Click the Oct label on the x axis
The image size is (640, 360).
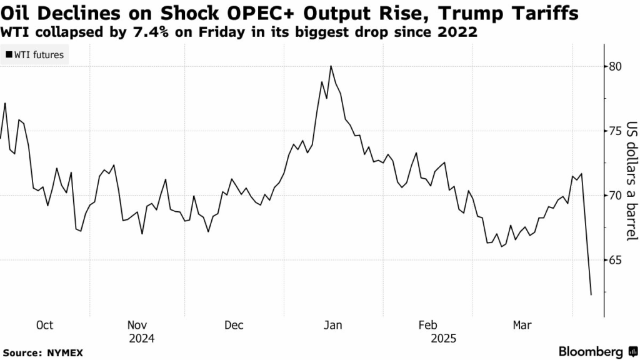[x=45, y=325]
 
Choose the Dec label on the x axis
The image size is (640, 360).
[x=233, y=325]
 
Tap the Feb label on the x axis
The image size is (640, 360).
[x=427, y=325]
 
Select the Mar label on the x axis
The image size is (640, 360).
[x=522, y=325]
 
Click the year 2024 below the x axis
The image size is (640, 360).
[x=141, y=339]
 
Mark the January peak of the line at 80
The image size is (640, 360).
[x=331, y=66]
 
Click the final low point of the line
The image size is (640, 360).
[x=591, y=294]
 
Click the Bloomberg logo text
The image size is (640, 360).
[x=589, y=351]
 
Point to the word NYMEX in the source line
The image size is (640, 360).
[x=65, y=352]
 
